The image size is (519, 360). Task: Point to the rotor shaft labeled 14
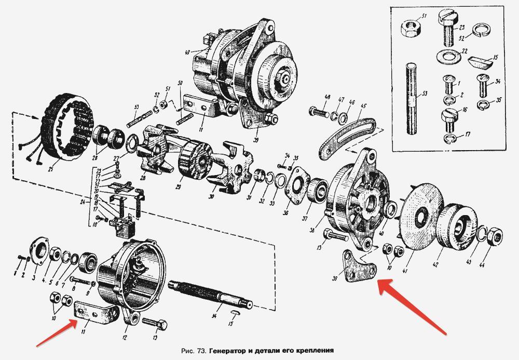click(212, 293)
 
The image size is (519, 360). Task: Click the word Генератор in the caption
click(231, 351)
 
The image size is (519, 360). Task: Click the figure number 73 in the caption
click(203, 351)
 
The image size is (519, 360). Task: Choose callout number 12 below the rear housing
click(125, 337)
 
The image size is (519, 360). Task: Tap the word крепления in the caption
click(311, 351)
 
